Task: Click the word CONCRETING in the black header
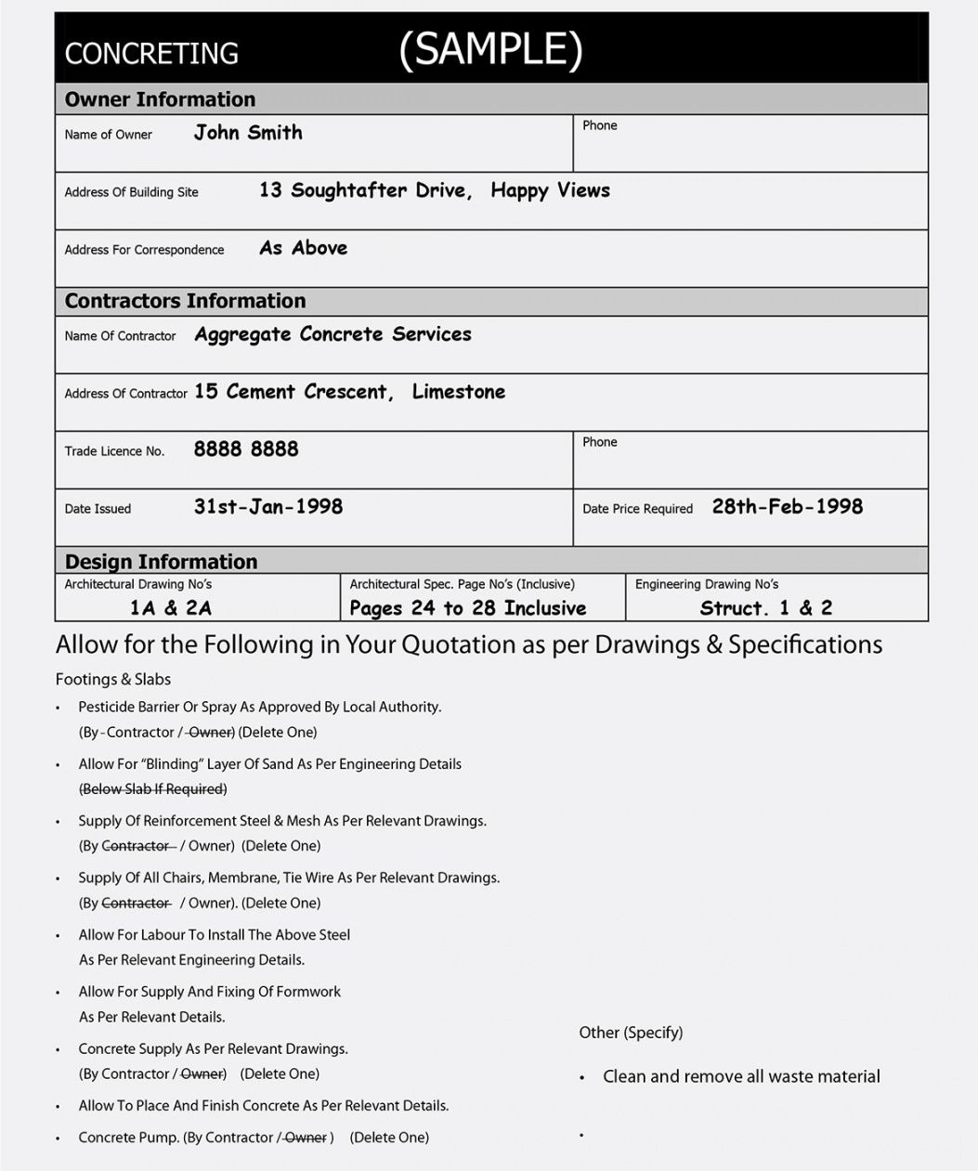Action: (x=151, y=54)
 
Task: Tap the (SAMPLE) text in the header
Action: (x=490, y=49)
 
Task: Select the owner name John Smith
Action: (x=248, y=133)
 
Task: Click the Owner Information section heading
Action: (x=160, y=99)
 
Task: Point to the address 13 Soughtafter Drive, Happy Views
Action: (x=434, y=190)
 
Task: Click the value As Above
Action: (x=303, y=248)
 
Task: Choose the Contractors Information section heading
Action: (x=185, y=301)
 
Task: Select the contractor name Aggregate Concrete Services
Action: (x=333, y=334)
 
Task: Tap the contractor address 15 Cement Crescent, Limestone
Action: (x=349, y=392)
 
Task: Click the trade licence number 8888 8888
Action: (x=246, y=449)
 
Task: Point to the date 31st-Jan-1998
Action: (x=267, y=507)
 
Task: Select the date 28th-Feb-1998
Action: (x=787, y=507)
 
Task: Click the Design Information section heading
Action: (x=161, y=562)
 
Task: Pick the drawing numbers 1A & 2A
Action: (x=171, y=608)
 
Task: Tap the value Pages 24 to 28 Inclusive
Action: (x=467, y=608)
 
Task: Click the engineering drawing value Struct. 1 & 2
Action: (x=765, y=608)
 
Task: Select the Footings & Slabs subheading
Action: (x=113, y=679)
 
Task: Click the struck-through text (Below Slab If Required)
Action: (x=153, y=789)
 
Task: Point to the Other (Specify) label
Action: (x=631, y=1033)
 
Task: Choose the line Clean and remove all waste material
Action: (x=741, y=1076)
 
